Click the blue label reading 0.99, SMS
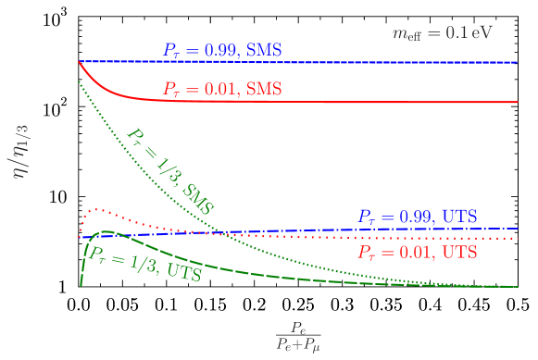222,49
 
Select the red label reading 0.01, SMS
222,90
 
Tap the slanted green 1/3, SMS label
170,171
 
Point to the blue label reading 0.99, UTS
418,217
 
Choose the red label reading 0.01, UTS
418,252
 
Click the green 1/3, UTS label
144,262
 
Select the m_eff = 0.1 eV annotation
442,33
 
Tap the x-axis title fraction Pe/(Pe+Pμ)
297,335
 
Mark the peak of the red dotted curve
94,209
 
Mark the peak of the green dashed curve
106,231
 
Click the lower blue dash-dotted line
278,230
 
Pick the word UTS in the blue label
459,217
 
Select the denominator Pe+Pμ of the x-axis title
297,344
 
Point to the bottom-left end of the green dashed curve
81,284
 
